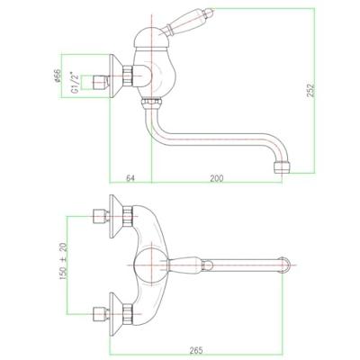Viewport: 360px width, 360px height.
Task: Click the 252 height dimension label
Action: tap(311, 89)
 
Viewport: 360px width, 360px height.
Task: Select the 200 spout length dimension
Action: tap(217, 178)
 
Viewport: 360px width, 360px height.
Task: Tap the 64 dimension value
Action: tap(130, 178)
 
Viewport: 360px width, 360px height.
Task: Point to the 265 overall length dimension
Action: tap(196, 350)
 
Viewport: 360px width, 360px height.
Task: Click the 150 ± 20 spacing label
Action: tap(64, 262)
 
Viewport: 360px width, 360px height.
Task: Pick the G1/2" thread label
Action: tap(75, 83)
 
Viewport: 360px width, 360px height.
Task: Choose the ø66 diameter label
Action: tap(58, 76)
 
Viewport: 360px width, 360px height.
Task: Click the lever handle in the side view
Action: tap(186, 22)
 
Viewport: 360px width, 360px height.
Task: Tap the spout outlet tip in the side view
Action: tap(282, 167)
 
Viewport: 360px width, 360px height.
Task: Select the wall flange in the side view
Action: tap(116, 76)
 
